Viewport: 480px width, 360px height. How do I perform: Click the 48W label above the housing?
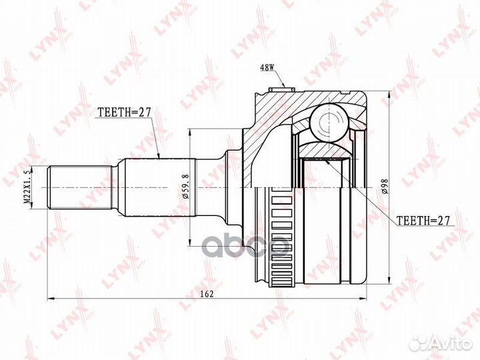(x=267, y=67)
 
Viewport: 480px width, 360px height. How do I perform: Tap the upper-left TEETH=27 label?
(x=125, y=112)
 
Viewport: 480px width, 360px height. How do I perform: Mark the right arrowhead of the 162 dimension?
(x=366, y=297)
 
